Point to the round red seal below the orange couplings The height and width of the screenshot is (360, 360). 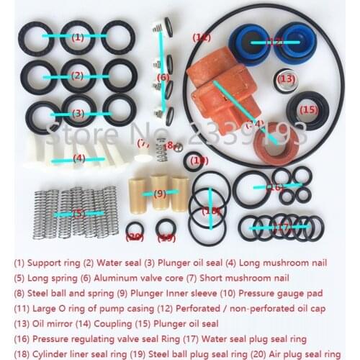click(274, 148)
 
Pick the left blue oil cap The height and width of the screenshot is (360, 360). click(249, 44)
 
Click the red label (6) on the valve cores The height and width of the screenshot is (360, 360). click(163, 77)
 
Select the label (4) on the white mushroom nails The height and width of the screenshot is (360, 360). click(78, 158)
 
